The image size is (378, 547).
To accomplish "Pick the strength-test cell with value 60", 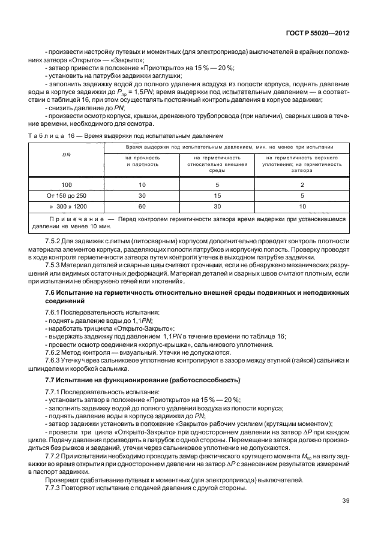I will pos(142,206).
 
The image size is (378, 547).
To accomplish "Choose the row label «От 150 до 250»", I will pos(67,195).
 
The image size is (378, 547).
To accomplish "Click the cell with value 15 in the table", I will pos(217,195).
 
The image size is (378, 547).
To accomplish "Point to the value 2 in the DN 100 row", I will pos(302,185).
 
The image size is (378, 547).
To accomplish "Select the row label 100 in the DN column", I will pos(67,185).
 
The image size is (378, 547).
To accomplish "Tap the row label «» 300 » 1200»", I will pos(67,206).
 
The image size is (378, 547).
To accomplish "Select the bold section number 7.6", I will pos(51,292).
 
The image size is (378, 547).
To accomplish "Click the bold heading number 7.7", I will pos(51,380).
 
